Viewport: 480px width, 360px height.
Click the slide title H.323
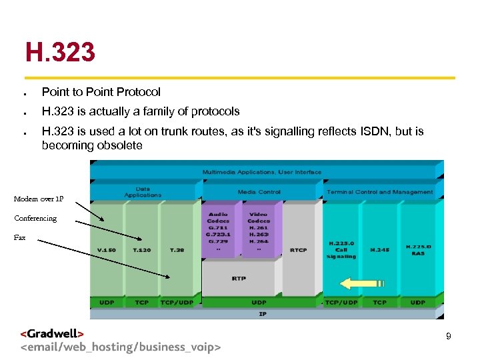60,51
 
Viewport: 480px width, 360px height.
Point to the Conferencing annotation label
35,218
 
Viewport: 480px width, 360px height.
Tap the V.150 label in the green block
106,250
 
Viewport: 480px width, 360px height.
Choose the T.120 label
142,250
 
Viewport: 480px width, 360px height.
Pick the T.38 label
177,250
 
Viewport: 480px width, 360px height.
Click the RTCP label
298,250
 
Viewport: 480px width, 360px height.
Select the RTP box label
239,278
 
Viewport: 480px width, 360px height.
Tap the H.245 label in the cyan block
379,250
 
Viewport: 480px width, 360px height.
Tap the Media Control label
259,192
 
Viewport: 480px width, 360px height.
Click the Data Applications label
143,192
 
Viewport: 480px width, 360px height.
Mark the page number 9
449,337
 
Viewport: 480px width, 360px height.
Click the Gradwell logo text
52,334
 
